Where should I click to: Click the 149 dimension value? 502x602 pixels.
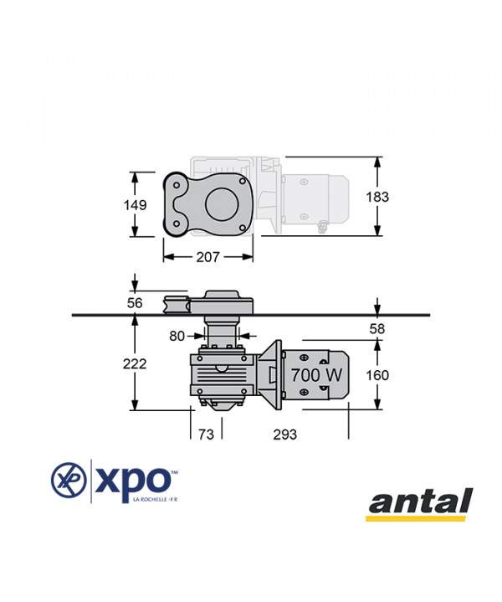tap(135, 205)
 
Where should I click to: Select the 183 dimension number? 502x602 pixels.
tap(377, 197)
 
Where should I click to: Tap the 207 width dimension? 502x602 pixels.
tap(208, 257)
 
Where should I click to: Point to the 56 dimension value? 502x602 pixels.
tap(135, 303)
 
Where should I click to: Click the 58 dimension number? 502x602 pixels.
tap(376, 329)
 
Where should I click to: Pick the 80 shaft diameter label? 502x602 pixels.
tap(177, 336)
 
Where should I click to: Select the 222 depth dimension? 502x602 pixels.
tap(135, 363)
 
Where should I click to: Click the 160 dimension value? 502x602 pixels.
tap(377, 375)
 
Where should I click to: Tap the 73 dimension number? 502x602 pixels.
tap(206, 435)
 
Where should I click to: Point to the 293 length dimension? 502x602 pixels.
tap(285, 435)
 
